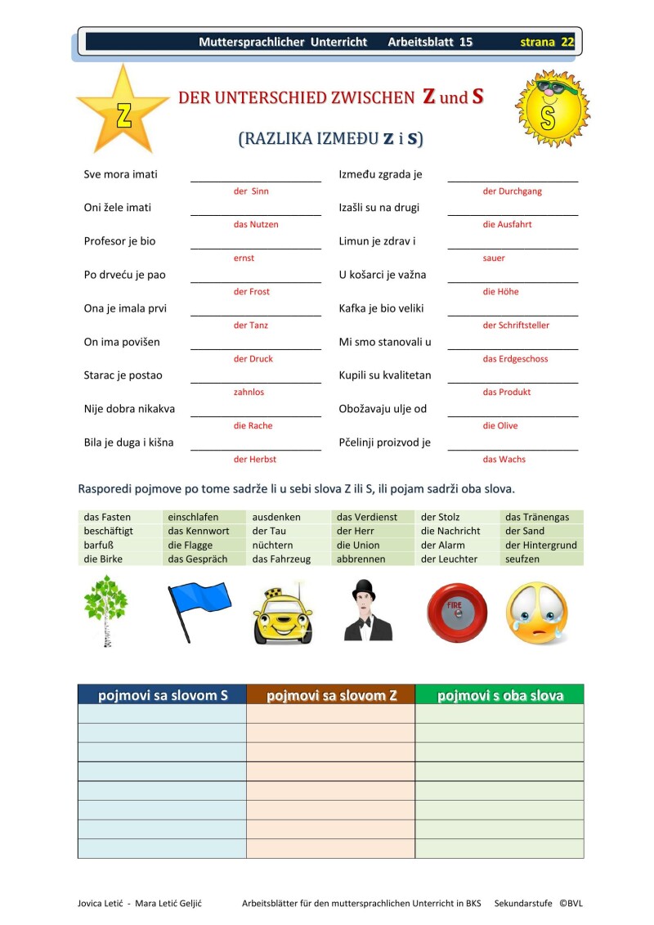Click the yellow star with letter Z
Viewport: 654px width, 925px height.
(123, 112)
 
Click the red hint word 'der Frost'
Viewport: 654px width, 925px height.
(252, 292)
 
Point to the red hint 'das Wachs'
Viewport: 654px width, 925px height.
(504, 460)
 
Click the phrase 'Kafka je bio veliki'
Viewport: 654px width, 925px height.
(381, 309)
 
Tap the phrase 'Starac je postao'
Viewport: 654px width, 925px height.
(123, 375)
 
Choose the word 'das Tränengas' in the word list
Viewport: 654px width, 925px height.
(537, 517)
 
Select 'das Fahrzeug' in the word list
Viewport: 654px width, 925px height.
(281, 559)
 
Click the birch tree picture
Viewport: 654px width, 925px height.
(105, 610)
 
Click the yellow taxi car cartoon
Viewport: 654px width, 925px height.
(282, 614)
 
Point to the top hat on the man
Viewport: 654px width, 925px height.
(363, 588)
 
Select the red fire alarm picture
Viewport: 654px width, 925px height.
(455, 611)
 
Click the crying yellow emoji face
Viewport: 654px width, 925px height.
(535, 612)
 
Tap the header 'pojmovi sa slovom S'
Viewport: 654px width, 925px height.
(163, 695)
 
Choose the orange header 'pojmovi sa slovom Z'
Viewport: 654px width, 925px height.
(331, 695)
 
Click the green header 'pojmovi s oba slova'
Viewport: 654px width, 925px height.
(499, 695)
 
